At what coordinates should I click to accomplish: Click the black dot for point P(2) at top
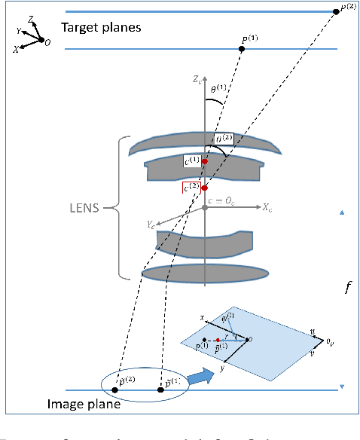[x=336, y=11]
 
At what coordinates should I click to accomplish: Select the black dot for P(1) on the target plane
[x=242, y=49]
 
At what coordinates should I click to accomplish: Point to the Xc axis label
[x=268, y=205]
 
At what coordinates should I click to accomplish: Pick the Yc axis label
[x=151, y=224]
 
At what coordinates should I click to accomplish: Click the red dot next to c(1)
[x=204, y=161]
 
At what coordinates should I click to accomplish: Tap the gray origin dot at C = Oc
[x=204, y=207]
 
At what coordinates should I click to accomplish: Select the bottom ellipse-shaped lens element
[x=205, y=272]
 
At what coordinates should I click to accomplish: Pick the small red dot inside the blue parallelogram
[x=218, y=340]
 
